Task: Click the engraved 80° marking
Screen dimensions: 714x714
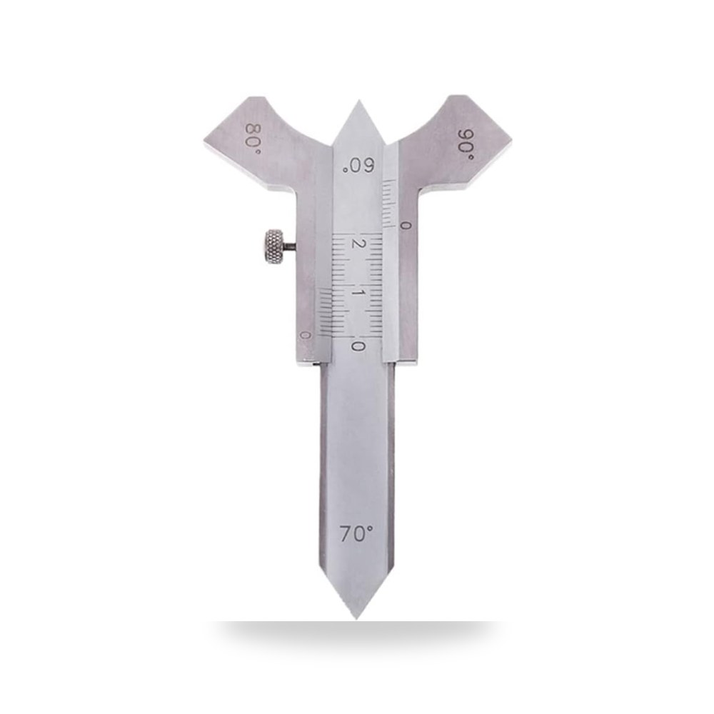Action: [x=252, y=139]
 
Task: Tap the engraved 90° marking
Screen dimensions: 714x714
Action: [x=466, y=144]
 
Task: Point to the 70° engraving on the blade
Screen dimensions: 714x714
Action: [x=356, y=533]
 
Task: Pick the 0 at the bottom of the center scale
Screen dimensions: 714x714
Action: [x=358, y=346]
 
